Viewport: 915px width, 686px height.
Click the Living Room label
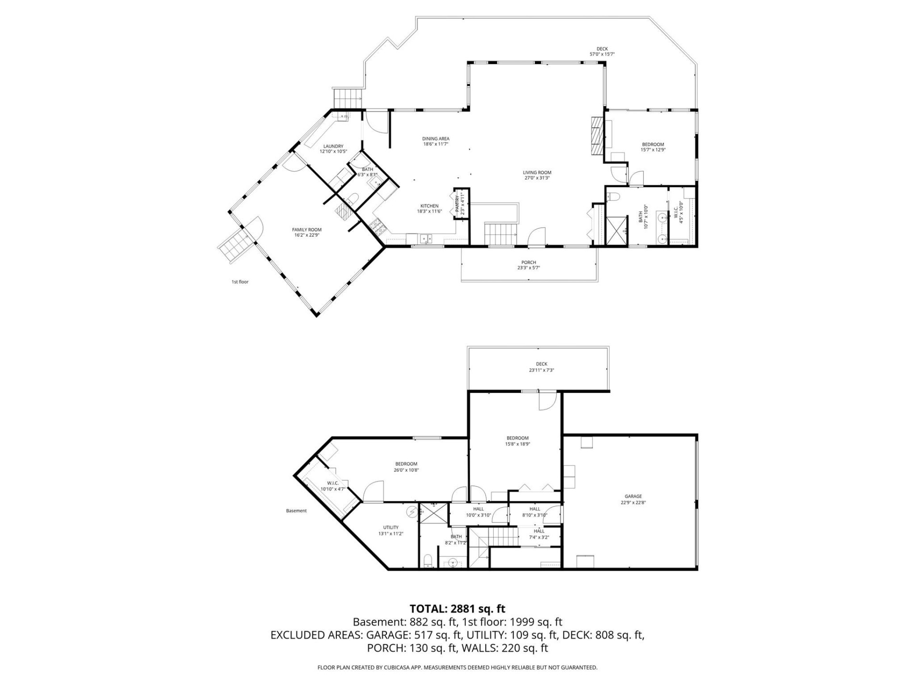tap(537, 173)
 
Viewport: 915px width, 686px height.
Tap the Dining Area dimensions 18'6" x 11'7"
tap(436, 144)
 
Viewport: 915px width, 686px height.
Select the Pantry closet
tap(461, 204)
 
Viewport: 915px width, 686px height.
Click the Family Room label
tap(307, 230)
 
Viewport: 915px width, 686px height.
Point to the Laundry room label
tap(333, 146)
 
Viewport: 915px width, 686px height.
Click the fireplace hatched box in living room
tap(596, 136)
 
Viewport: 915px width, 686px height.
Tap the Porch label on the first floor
tap(529, 262)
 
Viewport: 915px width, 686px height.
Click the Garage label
tap(633, 496)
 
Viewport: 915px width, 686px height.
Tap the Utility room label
tap(391, 527)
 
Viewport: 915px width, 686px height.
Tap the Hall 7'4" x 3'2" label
tap(539, 531)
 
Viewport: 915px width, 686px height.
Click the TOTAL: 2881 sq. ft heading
tap(457, 609)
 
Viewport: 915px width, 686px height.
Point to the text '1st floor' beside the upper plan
tap(240, 282)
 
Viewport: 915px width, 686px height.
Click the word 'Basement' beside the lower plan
tap(296, 511)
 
